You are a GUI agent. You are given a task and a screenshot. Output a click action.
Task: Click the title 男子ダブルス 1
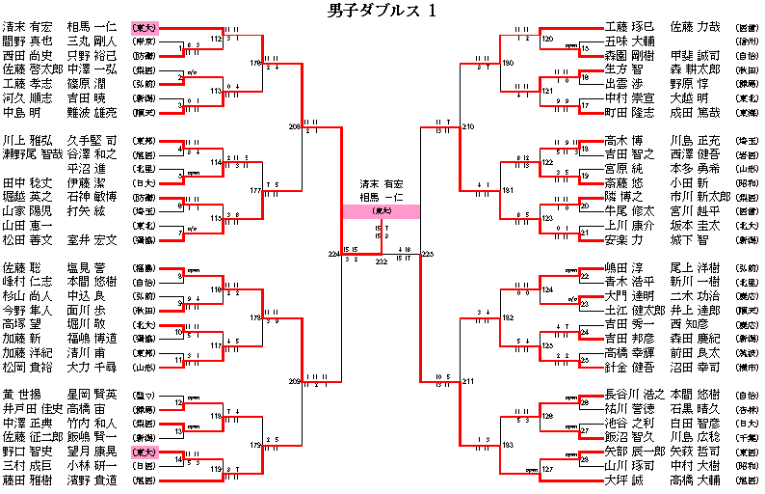pos(382,11)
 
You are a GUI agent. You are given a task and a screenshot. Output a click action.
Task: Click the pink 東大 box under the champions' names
pos(382,210)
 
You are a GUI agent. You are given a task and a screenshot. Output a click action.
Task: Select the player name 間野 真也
pos(27,41)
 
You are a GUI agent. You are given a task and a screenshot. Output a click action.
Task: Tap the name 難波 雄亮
pos(92,112)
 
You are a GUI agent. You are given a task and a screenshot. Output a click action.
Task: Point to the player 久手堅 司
pos(92,140)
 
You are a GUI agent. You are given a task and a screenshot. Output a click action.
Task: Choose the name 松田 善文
pos(27,239)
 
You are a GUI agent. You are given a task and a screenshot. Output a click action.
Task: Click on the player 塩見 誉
pos(92,266)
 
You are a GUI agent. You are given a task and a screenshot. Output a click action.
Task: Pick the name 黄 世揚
pos(21,395)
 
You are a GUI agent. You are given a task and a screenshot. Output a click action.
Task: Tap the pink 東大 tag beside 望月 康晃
pos(145,451)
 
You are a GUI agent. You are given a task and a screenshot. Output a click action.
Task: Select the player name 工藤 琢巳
pos(628,26)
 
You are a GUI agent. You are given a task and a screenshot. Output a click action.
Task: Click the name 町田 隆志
pos(628,112)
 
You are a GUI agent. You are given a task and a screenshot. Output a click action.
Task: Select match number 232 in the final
pos(382,261)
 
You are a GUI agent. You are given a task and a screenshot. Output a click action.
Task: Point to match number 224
pos(334,254)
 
